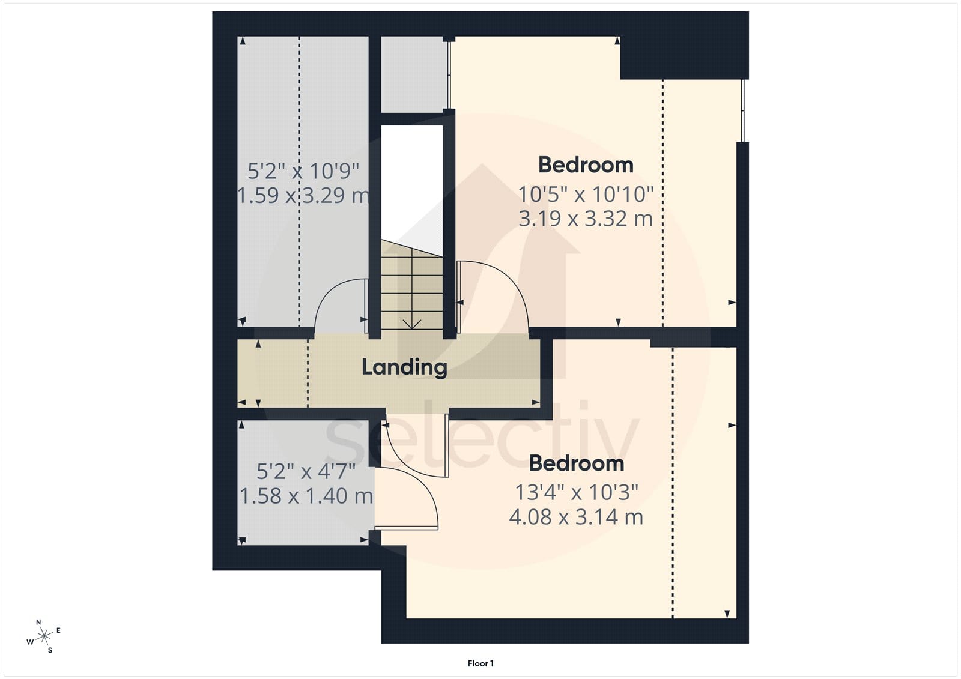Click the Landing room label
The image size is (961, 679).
click(404, 367)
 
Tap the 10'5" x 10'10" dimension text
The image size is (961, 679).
click(586, 195)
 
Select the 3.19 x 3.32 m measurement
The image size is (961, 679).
click(586, 219)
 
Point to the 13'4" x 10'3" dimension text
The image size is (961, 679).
click(577, 492)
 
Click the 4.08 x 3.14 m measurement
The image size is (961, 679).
click(576, 517)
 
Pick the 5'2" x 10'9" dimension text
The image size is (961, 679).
click(303, 171)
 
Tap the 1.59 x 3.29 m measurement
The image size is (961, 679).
click(303, 195)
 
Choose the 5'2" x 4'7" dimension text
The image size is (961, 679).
click(306, 472)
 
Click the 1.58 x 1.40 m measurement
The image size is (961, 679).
click(306, 496)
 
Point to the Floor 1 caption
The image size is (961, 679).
click(480, 663)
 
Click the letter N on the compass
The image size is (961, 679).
click(38, 622)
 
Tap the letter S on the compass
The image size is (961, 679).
click(50, 650)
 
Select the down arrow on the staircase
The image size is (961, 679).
click(412, 324)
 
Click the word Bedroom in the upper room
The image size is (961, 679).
click(586, 165)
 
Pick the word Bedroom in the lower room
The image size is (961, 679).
click(576, 463)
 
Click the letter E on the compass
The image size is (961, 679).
click(58, 630)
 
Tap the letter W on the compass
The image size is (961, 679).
click(30, 642)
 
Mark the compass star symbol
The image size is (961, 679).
click(44, 636)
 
